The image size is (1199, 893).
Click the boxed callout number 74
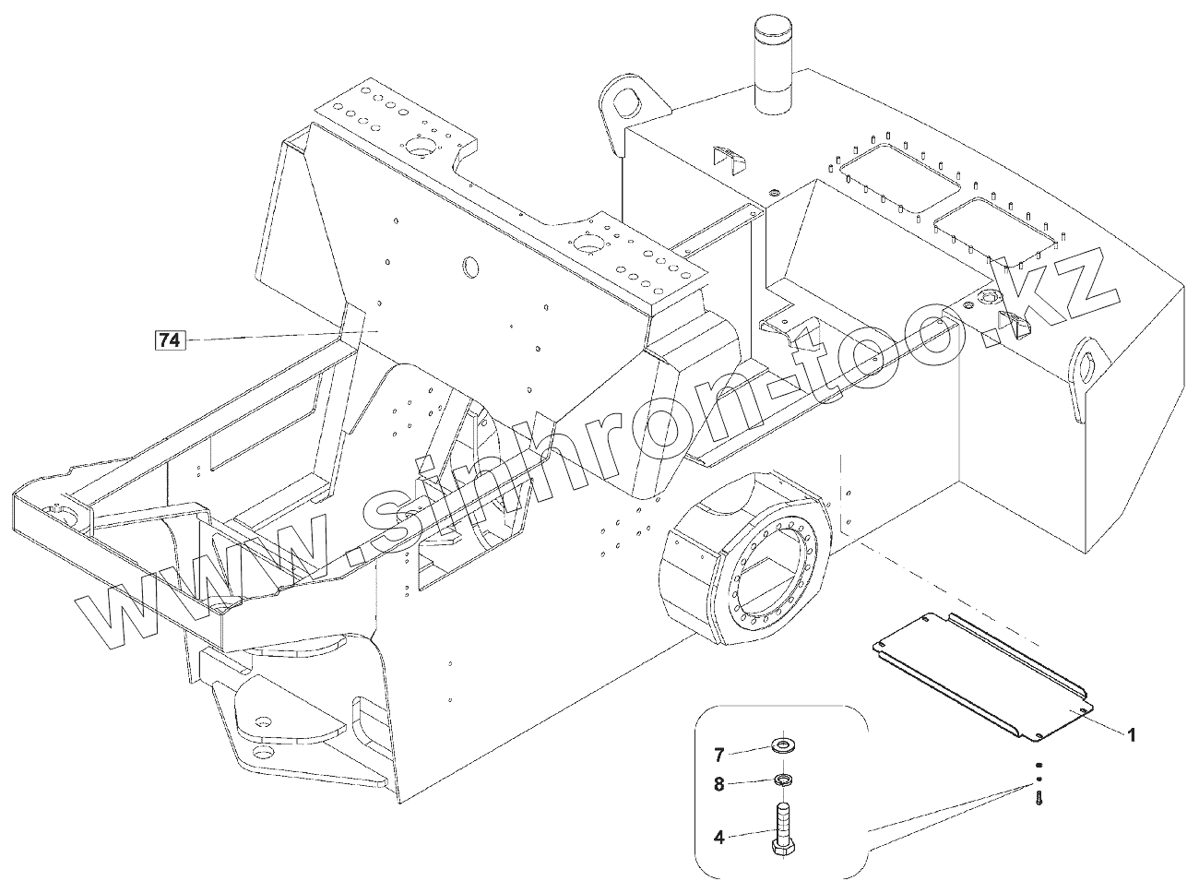169,340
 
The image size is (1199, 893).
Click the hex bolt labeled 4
783,830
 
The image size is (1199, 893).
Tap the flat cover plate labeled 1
983,673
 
